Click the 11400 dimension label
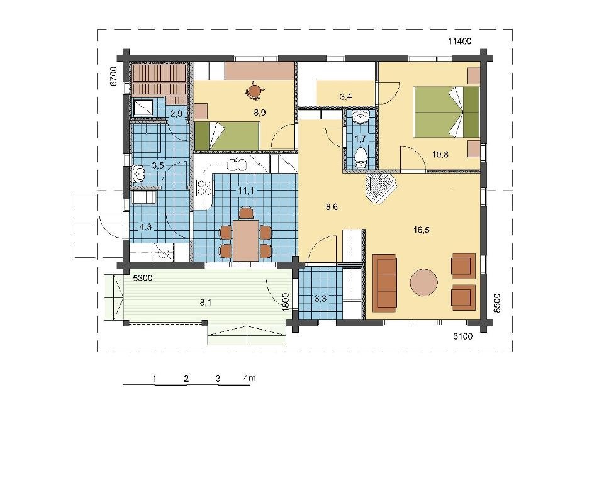[459, 42]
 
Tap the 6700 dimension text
[113, 76]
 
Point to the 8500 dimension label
[497, 303]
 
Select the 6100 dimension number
[462, 336]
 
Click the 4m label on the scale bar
[250, 378]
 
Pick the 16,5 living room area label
[421, 230]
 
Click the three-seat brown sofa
[385, 282]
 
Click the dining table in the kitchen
[245, 240]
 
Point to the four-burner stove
[204, 188]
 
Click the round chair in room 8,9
[254, 90]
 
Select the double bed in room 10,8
[446, 112]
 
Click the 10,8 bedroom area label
[440, 155]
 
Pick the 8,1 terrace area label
[205, 303]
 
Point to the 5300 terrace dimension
[143, 278]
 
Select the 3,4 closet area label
[346, 97]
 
